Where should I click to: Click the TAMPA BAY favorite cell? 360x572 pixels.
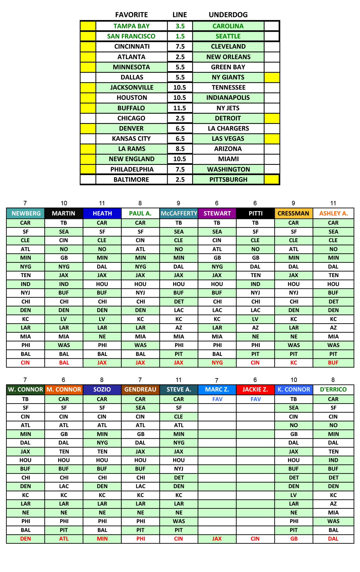132,26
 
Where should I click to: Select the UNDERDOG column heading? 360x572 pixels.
228,15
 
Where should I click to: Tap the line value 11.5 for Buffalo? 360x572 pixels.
180,108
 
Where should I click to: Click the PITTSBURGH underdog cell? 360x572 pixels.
228,180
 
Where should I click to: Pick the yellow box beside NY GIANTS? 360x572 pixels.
272,77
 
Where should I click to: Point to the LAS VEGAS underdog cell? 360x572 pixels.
228,139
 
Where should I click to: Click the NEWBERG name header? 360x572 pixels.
26,213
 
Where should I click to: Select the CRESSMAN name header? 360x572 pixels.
293,213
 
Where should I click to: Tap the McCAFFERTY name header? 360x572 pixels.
179,213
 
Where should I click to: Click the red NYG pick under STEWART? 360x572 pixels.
217,363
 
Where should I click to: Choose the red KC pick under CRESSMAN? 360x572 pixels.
294,363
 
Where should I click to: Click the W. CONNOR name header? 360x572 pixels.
25,389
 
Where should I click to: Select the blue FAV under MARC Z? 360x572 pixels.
217,399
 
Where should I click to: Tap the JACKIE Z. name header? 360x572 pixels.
255,389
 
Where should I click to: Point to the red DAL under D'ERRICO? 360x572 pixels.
333,539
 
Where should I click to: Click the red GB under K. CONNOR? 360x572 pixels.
294,539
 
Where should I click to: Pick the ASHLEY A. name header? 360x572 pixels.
333,213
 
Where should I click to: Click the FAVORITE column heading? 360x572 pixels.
132,15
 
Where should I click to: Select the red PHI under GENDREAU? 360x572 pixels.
141,539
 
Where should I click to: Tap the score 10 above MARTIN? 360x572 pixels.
64,203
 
